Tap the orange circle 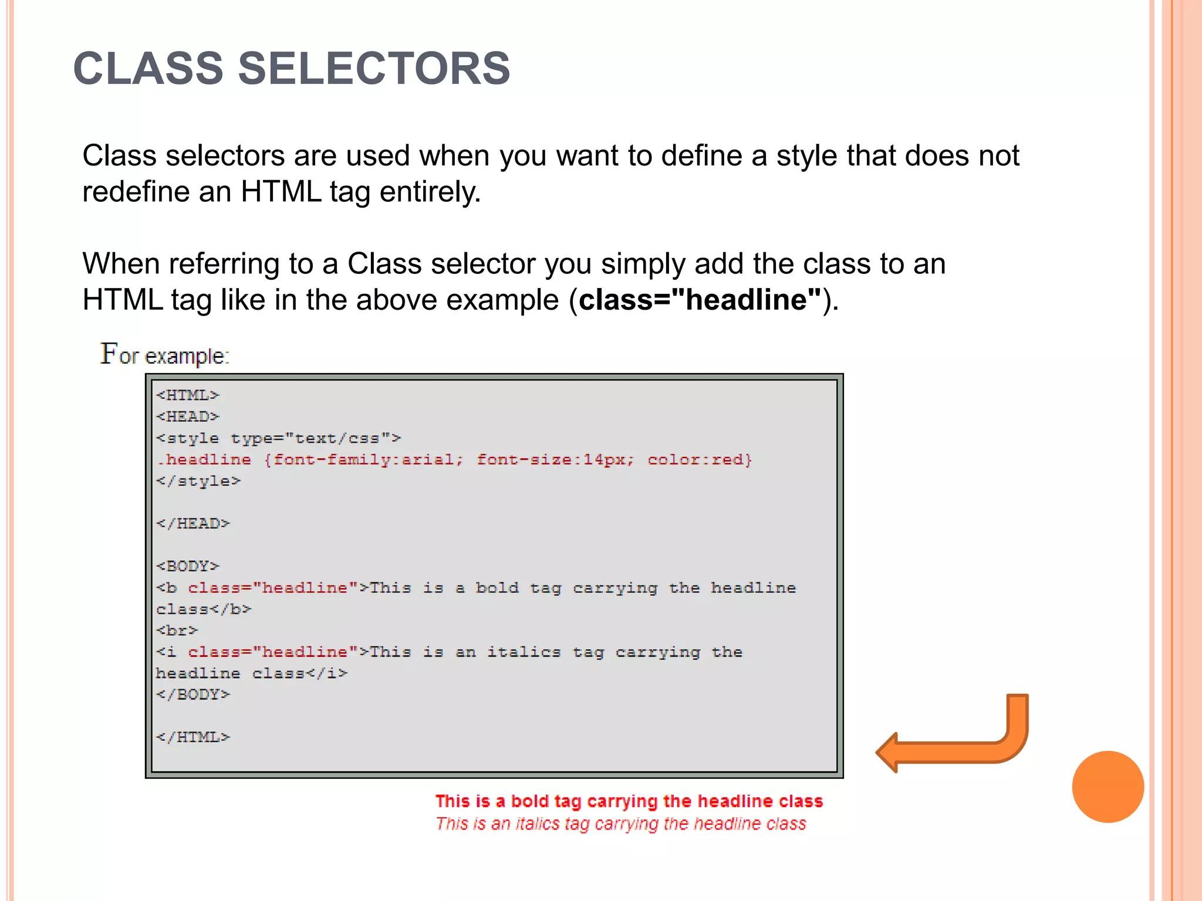point(1108,787)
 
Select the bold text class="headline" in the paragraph point(700,300)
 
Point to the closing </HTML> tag point(193,737)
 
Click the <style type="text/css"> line point(279,438)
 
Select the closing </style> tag point(198,481)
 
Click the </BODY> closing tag point(193,695)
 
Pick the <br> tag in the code point(177,631)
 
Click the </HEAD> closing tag point(193,523)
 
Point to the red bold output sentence point(629,801)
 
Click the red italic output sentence point(620,824)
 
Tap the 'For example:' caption point(165,355)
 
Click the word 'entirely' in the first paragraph point(430,192)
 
